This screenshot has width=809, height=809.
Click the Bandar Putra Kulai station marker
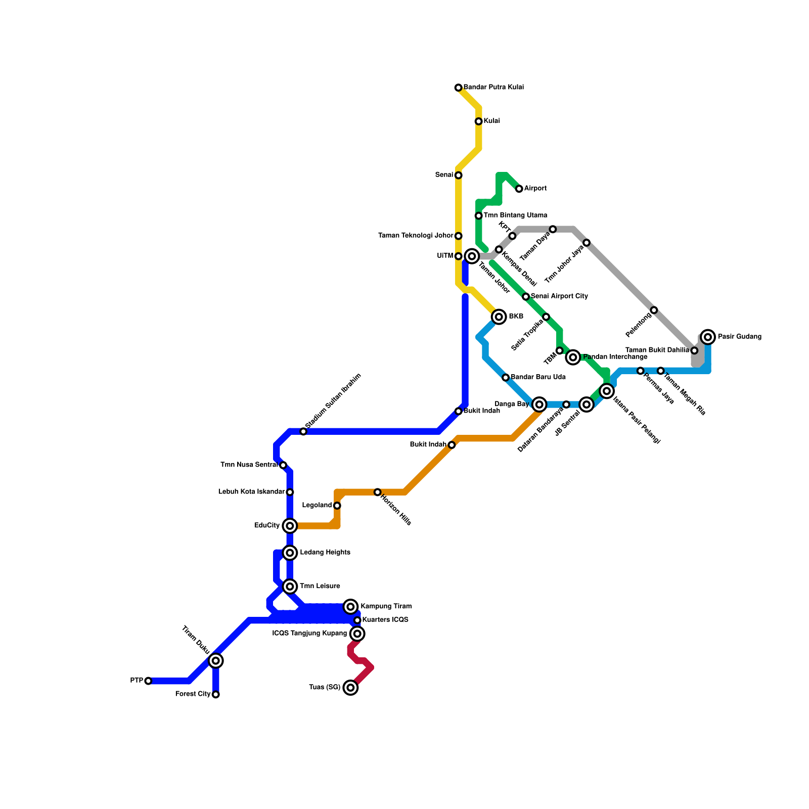point(458,88)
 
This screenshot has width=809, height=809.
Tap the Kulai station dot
point(478,121)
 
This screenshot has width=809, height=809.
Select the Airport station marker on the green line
point(519,189)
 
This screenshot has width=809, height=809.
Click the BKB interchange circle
point(499,317)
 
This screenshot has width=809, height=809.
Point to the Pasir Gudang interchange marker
point(708,337)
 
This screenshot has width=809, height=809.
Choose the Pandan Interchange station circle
point(573,357)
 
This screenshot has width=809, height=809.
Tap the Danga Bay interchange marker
point(540,404)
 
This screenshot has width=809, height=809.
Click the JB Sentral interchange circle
point(587,404)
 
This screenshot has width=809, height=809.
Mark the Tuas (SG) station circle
point(350,688)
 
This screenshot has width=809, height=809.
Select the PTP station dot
point(148,681)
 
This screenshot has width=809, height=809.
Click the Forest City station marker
point(216,695)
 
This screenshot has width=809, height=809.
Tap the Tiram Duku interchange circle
point(216,660)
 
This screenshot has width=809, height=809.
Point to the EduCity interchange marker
point(290,526)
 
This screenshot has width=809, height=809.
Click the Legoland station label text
point(317,505)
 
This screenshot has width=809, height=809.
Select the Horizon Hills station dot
point(377,492)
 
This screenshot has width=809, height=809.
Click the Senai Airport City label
point(559,296)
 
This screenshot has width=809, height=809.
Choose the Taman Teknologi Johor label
point(416,236)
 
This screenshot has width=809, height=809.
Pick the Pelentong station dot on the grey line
point(654,310)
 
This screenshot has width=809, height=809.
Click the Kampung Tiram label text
point(386,606)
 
